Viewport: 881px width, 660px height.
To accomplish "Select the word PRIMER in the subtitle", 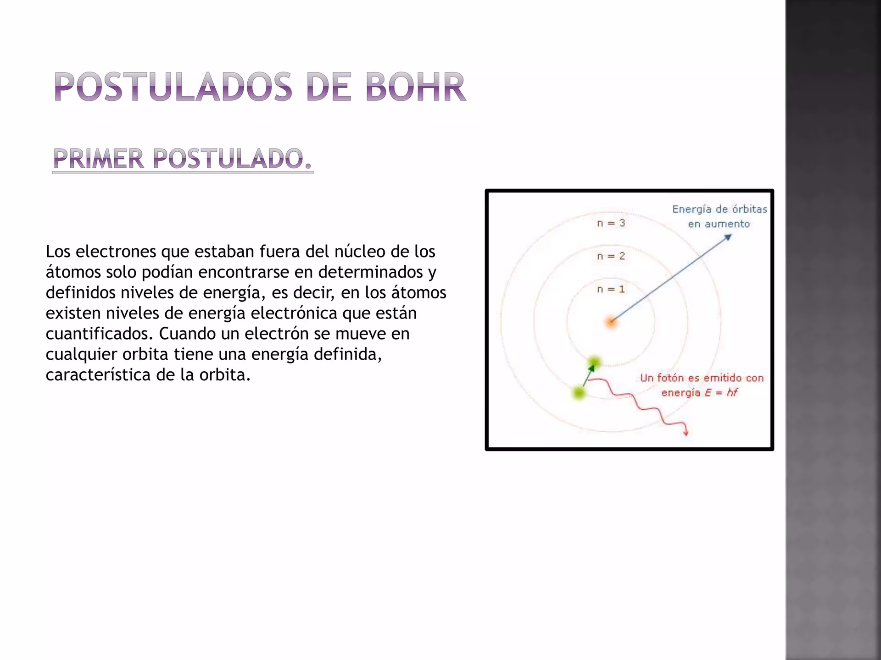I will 98,159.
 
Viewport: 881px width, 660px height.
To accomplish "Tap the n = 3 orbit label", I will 611,223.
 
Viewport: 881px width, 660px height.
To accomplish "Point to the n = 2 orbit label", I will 611,256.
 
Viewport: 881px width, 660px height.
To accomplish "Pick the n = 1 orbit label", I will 611,289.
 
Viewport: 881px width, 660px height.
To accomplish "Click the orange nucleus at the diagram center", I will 611,323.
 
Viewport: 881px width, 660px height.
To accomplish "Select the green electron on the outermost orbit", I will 579,392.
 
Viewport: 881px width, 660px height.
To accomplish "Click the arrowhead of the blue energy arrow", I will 728,237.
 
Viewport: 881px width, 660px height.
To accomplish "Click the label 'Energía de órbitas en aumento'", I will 719,216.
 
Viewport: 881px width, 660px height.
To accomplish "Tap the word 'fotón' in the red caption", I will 670,378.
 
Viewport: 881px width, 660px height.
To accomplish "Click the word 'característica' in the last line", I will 98,375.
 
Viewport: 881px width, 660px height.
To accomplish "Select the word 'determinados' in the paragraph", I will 371,272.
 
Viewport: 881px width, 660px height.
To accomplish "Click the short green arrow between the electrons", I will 587,376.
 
